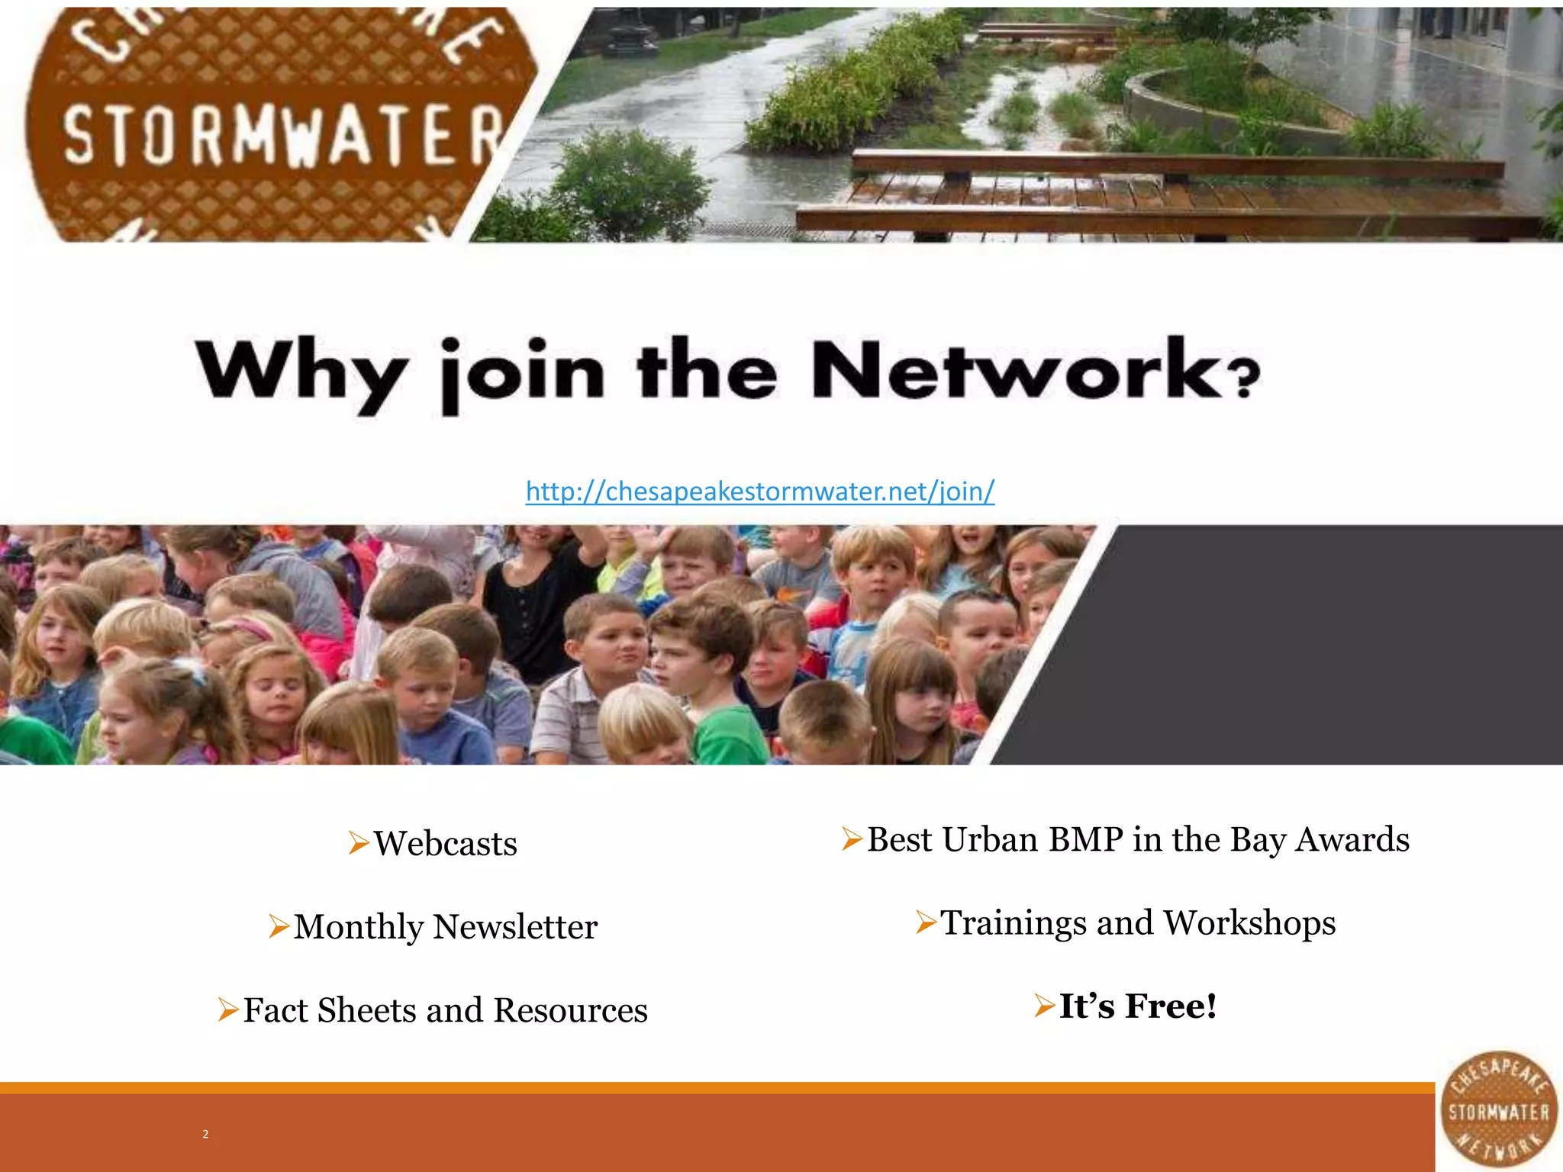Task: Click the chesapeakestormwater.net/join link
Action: pos(760,491)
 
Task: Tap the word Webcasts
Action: pos(446,844)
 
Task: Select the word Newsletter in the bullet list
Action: pos(515,927)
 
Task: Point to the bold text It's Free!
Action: pos(1137,1006)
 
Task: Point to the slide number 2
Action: pos(205,1134)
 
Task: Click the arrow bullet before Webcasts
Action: pos(359,843)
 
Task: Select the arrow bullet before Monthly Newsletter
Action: pos(279,926)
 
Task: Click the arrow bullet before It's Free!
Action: pos(1045,1006)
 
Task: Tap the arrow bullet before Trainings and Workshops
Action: pos(926,922)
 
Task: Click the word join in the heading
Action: pos(523,374)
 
